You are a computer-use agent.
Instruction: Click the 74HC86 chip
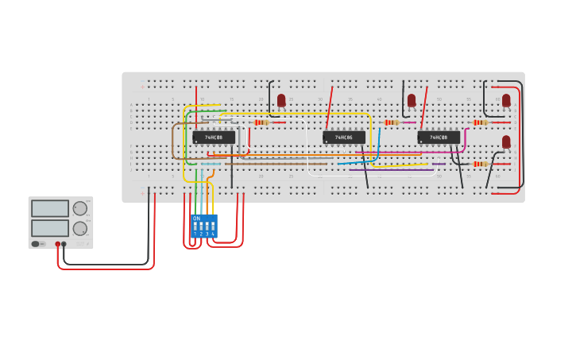point(344,137)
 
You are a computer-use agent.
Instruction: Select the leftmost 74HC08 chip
point(214,137)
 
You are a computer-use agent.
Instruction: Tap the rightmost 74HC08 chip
point(439,137)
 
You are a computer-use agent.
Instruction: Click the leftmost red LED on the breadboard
point(281,100)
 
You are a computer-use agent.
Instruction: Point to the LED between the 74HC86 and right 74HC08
point(412,100)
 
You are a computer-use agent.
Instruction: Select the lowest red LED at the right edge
point(506,141)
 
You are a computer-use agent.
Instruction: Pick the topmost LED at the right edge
point(506,100)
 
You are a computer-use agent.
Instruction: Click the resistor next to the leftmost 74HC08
point(261,122)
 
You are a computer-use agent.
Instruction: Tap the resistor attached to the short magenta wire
point(390,122)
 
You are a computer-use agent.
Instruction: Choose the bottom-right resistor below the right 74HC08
point(479,164)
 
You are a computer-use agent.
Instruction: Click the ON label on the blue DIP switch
point(197,219)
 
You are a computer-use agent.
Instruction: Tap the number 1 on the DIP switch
point(195,234)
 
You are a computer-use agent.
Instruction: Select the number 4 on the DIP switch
point(213,234)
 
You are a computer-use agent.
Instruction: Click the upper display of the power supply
point(50,208)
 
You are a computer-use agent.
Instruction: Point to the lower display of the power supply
point(50,228)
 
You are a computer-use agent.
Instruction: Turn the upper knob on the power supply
point(80,208)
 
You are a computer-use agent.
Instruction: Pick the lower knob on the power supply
point(80,229)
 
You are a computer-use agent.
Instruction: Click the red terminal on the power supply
point(58,244)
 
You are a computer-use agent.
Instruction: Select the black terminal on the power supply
point(64,244)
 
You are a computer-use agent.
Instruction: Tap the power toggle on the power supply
point(36,244)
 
